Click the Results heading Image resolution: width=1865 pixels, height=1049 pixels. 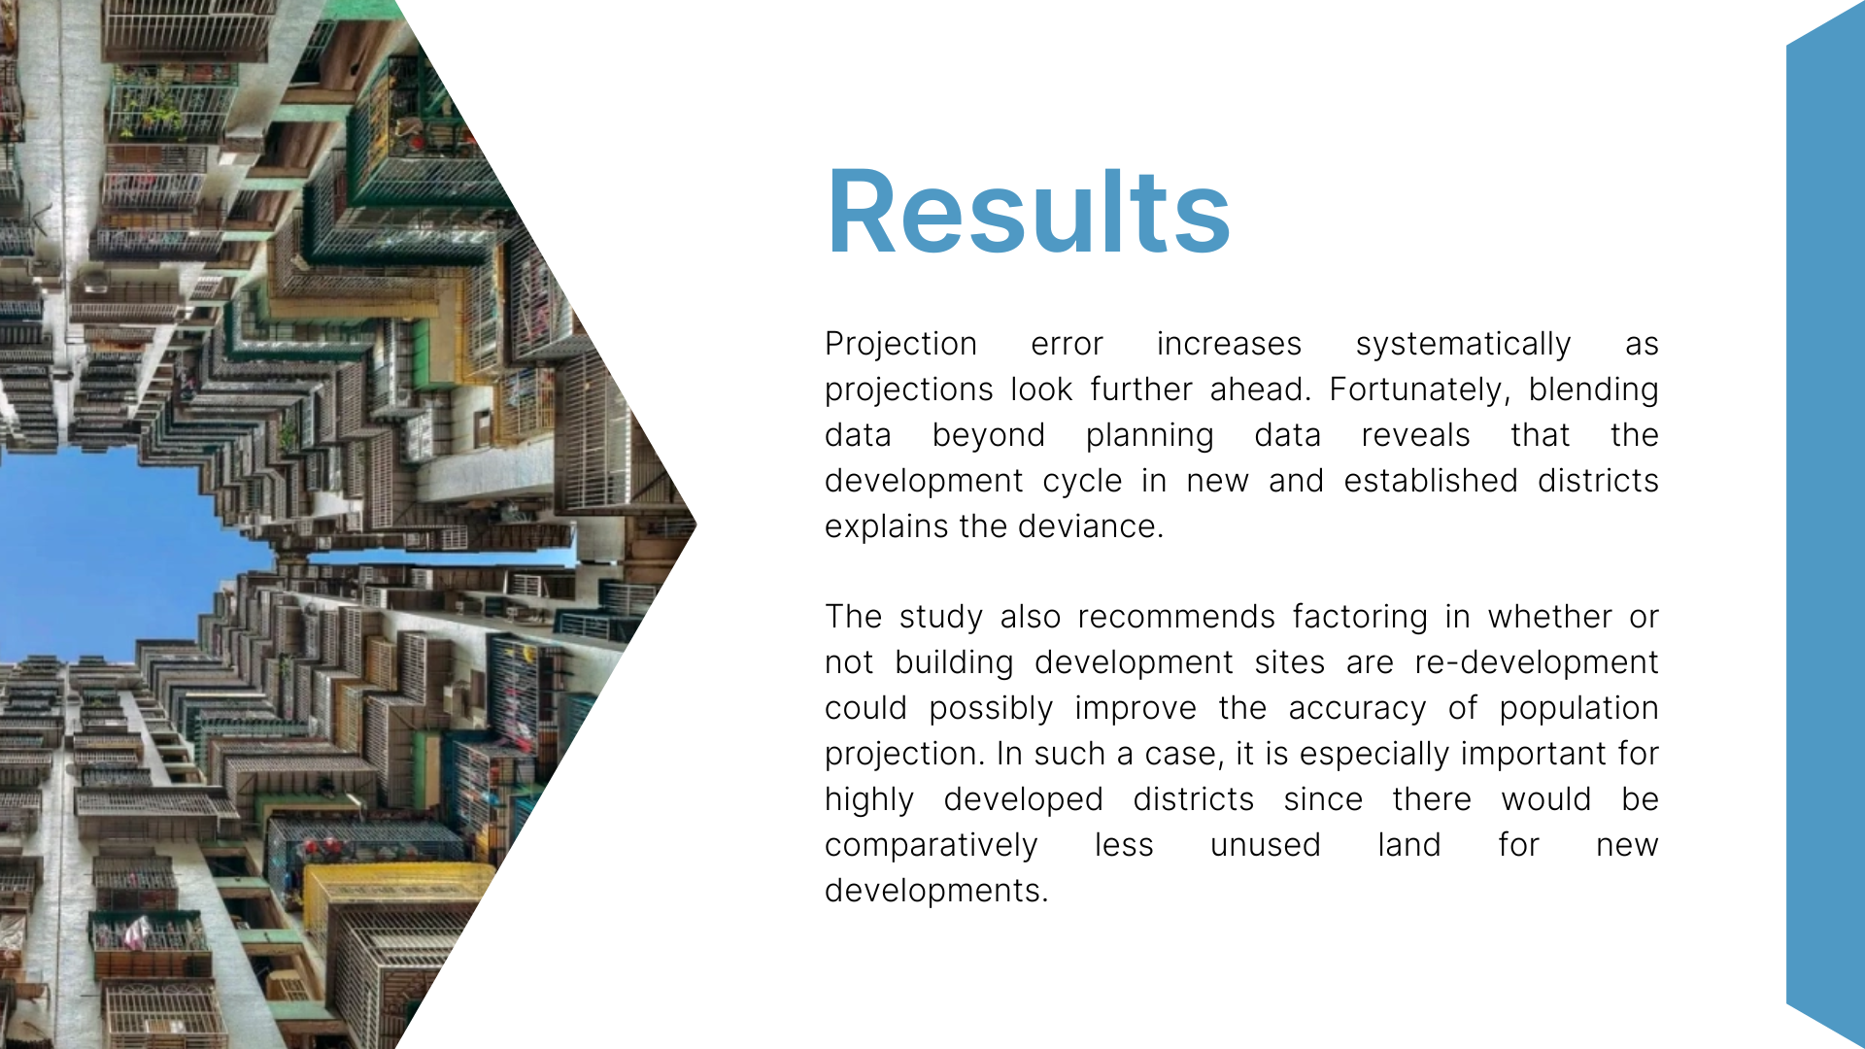(x=1028, y=212)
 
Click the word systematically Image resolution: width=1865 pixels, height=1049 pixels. (x=1463, y=344)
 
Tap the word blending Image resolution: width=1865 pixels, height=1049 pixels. (x=1593, y=389)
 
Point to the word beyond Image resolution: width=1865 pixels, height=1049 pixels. (x=988, y=435)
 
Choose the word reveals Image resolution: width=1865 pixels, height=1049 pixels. (x=1415, y=435)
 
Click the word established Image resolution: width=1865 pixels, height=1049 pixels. (x=1431, y=480)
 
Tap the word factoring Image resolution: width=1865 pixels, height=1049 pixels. (x=1360, y=617)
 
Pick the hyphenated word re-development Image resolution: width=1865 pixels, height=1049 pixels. (x=1537, y=662)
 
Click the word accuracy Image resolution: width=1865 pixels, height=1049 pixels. (x=1357, y=708)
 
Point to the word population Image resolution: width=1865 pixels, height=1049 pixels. (x=1578, y=708)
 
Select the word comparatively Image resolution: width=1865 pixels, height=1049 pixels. (x=931, y=845)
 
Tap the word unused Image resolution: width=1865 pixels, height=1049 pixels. (x=1265, y=845)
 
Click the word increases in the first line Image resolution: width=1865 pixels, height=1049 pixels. (x=1229, y=344)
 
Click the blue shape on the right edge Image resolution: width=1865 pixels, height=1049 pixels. (x=1826, y=524)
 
